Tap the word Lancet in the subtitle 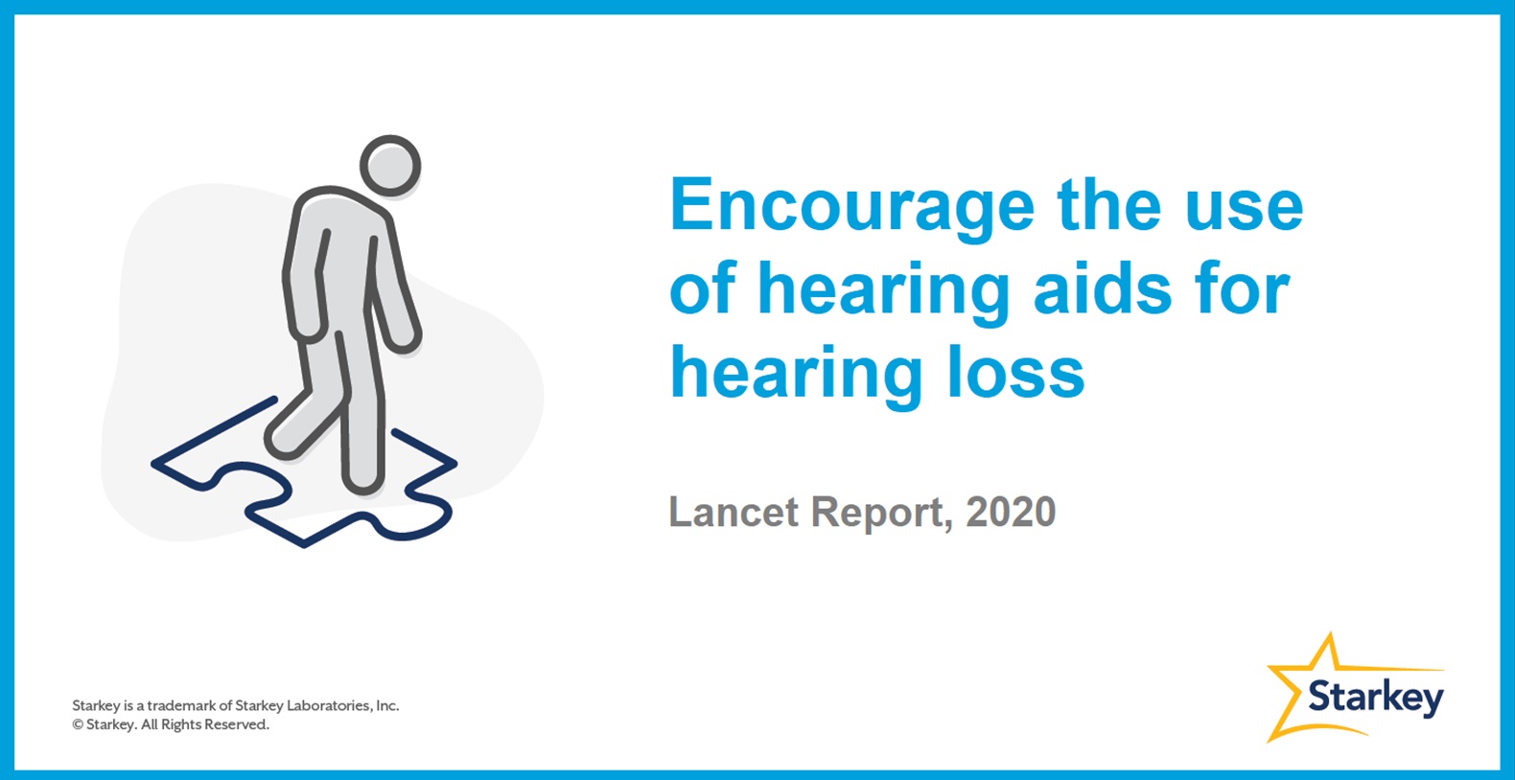point(734,512)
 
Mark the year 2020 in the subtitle point(1011,512)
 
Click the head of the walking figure point(390,166)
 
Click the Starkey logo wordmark point(1376,698)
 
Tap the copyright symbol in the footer point(78,724)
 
